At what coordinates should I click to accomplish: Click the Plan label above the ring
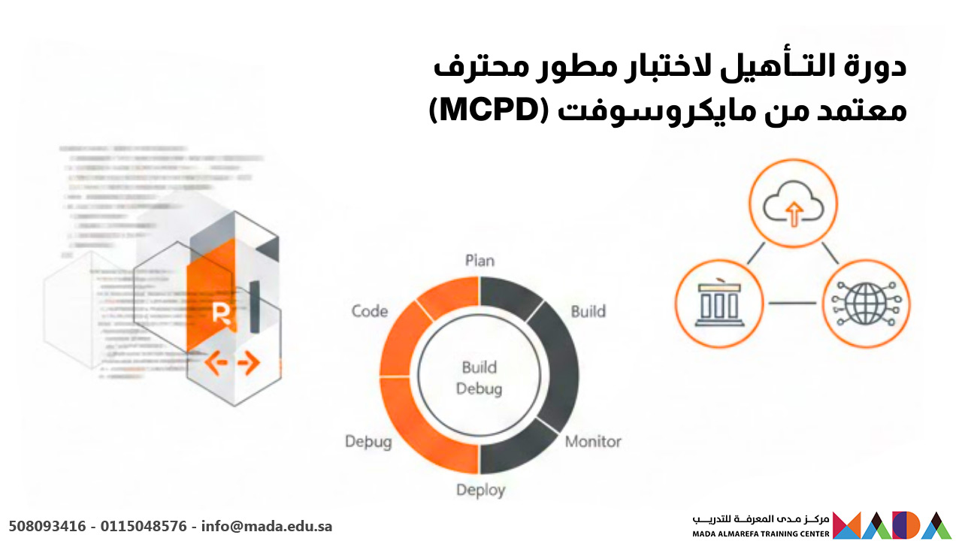pos(479,261)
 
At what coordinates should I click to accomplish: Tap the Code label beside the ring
pos(370,311)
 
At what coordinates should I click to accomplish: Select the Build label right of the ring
pos(588,311)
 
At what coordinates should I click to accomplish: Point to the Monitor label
pos(593,441)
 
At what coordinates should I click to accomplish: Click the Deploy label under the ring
pos(481,490)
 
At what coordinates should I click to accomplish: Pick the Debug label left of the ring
pos(368,441)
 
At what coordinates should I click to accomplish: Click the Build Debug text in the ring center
pos(479,378)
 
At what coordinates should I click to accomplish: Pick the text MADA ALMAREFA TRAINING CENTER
pos(761,533)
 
